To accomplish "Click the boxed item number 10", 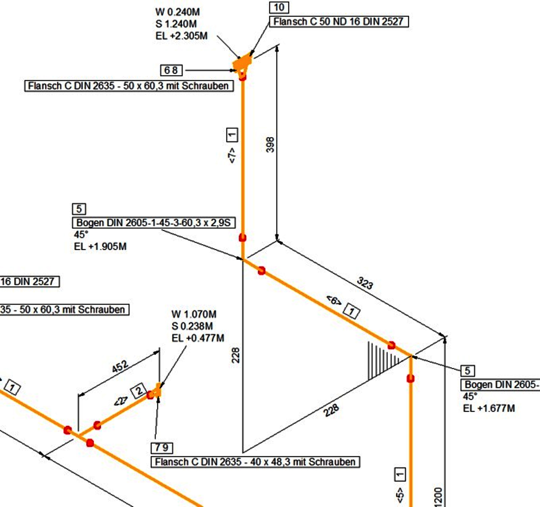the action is [x=279, y=7].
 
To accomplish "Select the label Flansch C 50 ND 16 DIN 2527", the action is [x=339, y=22].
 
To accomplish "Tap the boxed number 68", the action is [x=171, y=70].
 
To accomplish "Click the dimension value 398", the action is [x=270, y=145].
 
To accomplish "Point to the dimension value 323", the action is [x=365, y=283].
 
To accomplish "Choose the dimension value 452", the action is [x=120, y=366].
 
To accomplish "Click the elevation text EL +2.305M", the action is [x=181, y=36].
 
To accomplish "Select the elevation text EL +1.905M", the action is [x=100, y=246].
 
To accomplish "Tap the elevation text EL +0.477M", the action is [x=198, y=338].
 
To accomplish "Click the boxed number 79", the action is [x=162, y=448].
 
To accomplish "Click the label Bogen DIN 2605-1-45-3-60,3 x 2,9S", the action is [x=154, y=223].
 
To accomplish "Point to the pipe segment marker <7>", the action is [x=232, y=155].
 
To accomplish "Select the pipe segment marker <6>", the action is [x=334, y=301].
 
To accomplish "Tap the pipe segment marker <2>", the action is [x=121, y=401].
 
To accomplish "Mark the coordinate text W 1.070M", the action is [x=194, y=314].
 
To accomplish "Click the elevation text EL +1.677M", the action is [x=489, y=408].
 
